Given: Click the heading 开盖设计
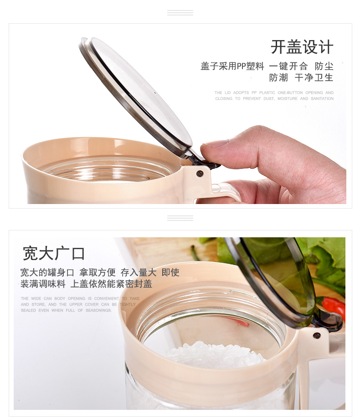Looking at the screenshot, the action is [302, 47].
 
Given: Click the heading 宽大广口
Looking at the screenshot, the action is [54, 253].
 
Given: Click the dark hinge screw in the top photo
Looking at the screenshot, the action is [200, 174].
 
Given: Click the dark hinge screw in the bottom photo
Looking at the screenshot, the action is [317, 335].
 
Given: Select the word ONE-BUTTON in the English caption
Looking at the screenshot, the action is [290, 93].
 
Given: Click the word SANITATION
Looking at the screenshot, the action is [322, 99].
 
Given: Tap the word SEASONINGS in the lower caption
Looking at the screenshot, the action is [98, 310].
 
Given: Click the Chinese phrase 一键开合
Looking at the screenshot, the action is [288, 66].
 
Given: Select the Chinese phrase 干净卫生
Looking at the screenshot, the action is [314, 78].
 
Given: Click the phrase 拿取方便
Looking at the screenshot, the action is [98, 272].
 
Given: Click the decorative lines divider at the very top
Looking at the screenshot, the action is [180, 13].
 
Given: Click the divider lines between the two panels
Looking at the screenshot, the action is [180, 218].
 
